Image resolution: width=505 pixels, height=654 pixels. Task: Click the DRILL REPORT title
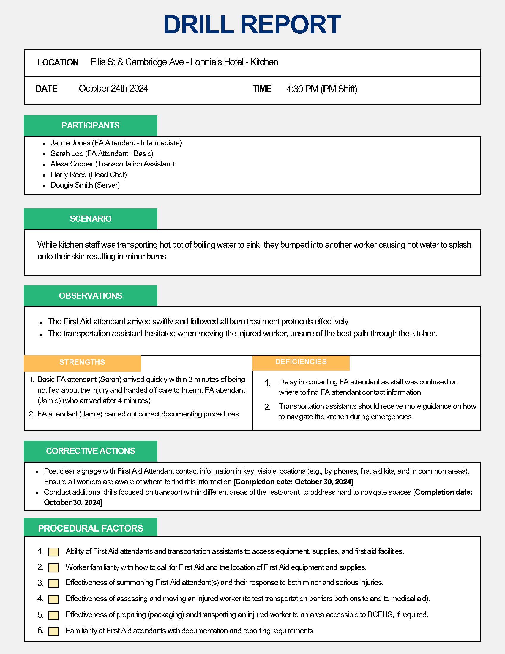252,25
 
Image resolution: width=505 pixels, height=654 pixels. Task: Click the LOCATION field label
58,62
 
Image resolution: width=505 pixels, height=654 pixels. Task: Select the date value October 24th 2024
113,88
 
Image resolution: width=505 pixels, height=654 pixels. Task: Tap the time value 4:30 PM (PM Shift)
322,89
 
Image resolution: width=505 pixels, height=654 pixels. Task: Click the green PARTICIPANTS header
90,125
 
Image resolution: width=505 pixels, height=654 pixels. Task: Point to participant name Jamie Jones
70,143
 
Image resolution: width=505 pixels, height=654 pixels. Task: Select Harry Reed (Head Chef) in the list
89,174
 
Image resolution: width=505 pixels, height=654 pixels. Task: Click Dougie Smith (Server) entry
85,185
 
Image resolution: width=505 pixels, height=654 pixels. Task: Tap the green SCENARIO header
90,219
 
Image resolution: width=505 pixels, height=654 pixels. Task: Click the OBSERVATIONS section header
90,296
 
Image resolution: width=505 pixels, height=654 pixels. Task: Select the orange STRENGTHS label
82,362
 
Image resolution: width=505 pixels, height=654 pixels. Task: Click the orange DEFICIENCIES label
301,362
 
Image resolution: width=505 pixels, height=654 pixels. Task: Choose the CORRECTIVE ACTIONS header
90,451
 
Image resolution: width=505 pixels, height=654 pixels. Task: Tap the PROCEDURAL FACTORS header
90,529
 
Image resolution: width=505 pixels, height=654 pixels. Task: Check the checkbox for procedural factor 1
53,552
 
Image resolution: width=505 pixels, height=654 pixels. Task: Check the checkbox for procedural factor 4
53,599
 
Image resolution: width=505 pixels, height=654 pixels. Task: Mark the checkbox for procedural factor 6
53,631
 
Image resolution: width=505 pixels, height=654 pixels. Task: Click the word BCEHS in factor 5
380,615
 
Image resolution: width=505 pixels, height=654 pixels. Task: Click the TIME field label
262,89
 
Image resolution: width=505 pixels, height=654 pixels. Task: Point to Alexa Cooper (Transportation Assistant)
112,164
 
